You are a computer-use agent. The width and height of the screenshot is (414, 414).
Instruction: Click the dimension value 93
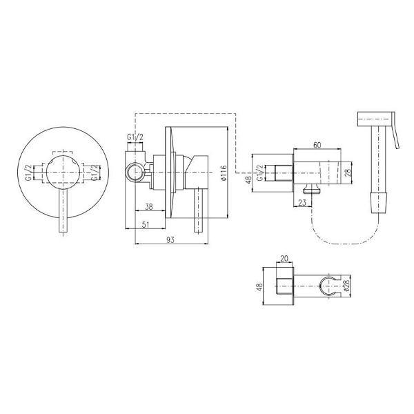point(171,239)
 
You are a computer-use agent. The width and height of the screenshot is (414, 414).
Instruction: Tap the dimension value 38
point(149,207)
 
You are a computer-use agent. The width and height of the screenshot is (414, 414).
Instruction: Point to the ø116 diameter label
point(224,173)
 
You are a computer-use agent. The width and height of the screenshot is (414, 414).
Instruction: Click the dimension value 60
point(317,145)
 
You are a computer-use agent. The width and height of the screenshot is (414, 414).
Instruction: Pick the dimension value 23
point(302,202)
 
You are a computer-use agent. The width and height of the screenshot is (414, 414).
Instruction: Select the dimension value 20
point(284,258)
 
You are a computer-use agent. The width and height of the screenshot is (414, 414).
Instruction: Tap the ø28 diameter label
point(347,286)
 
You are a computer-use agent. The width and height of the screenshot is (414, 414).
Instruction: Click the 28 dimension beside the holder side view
point(348,173)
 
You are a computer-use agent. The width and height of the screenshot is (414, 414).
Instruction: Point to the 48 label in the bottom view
point(259,287)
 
